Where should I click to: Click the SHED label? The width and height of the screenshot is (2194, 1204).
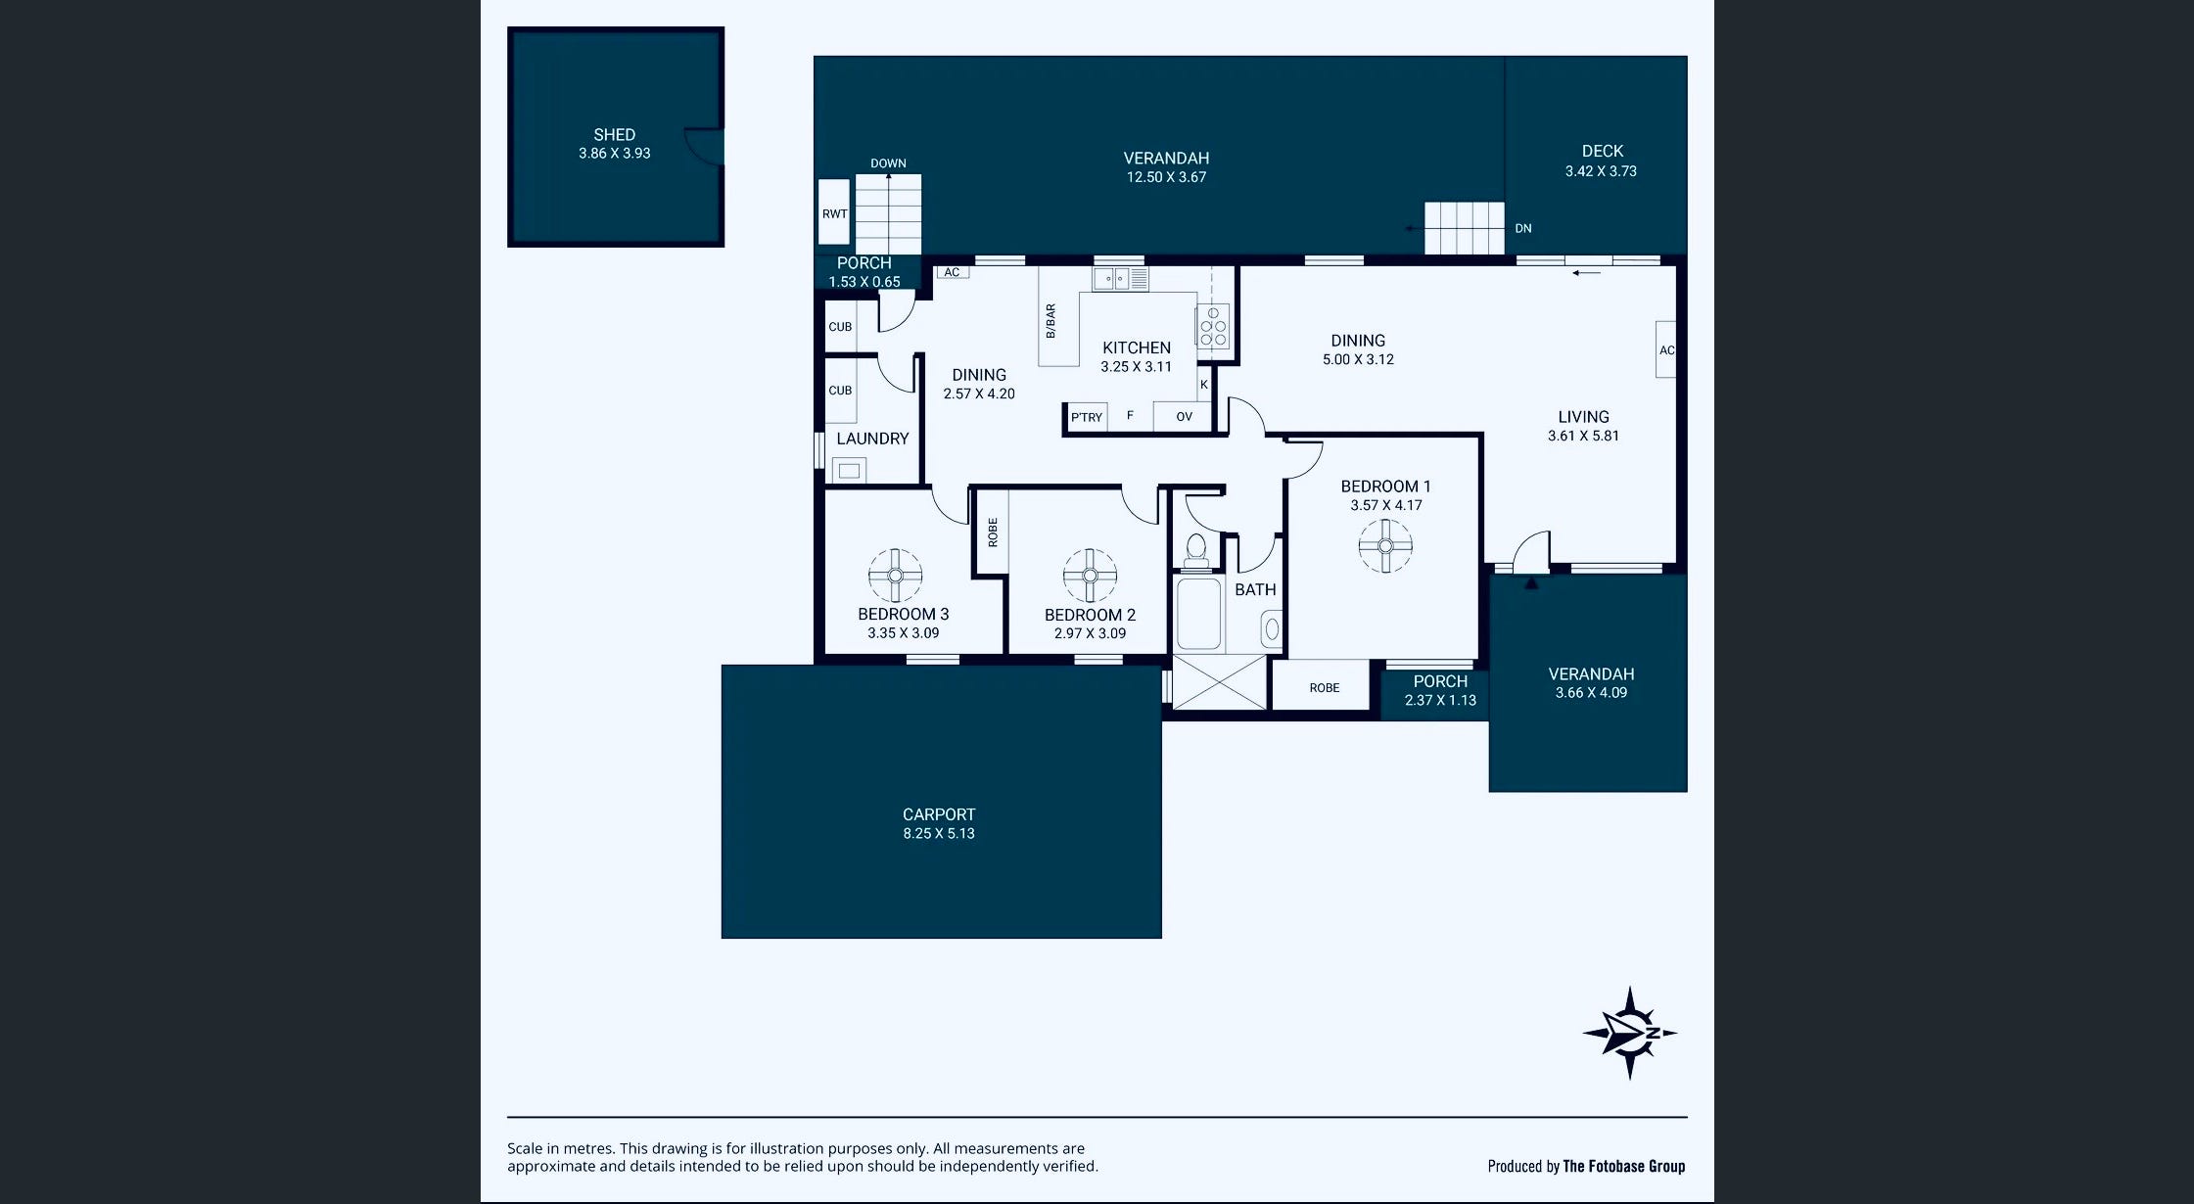(x=614, y=135)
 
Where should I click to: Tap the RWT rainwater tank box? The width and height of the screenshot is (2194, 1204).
(x=834, y=211)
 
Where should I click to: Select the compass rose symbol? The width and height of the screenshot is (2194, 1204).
(x=1630, y=1033)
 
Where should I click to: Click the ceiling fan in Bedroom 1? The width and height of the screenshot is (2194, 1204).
(x=1385, y=545)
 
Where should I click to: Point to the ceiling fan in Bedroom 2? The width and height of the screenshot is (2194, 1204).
(x=1090, y=575)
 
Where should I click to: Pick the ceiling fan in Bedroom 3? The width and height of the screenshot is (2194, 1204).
(x=895, y=576)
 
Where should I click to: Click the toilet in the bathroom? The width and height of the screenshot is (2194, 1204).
(x=1195, y=552)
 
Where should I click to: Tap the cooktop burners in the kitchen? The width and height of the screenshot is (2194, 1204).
(x=1213, y=326)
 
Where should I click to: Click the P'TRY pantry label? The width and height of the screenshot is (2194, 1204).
(x=1086, y=417)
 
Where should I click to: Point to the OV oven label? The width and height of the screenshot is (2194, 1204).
(x=1184, y=417)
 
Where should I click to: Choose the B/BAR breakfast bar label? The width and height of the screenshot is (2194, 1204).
(x=1050, y=321)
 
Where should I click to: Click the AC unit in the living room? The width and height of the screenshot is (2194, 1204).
(x=1666, y=349)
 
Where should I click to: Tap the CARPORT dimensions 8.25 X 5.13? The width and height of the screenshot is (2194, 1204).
(x=939, y=834)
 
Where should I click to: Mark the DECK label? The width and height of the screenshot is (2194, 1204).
(x=1603, y=151)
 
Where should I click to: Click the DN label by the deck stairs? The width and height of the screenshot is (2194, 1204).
(x=1523, y=228)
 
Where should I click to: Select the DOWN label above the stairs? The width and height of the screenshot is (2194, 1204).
(x=888, y=163)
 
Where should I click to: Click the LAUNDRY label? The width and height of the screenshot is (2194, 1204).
(x=872, y=439)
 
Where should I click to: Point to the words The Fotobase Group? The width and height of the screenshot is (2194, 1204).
(x=1624, y=1166)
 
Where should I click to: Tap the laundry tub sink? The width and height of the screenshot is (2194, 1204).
(x=849, y=471)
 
